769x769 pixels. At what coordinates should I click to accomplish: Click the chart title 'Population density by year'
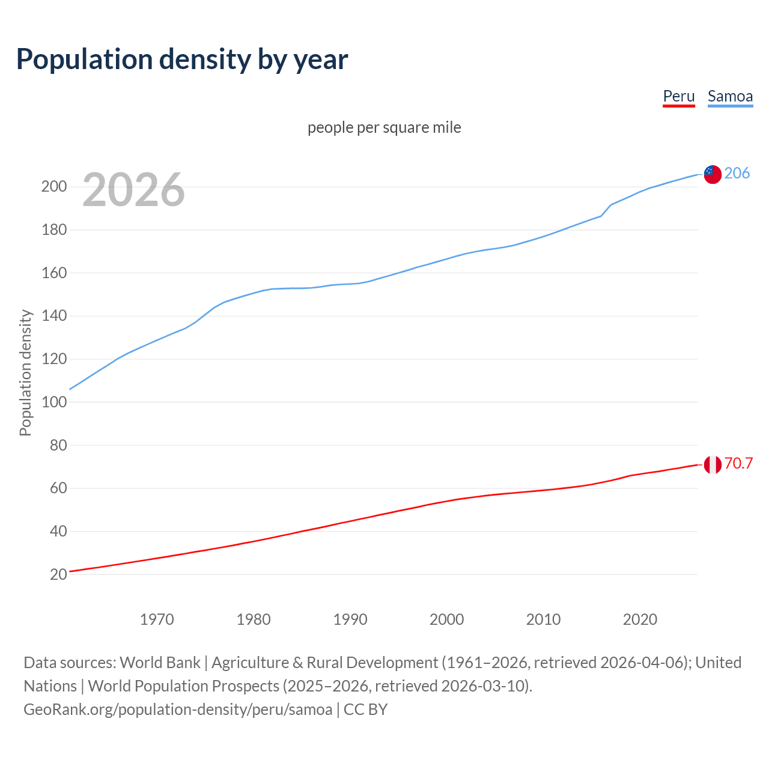tap(182, 59)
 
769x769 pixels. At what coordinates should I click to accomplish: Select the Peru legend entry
tap(678, 96)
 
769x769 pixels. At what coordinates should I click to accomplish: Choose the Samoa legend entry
tap(730, 96)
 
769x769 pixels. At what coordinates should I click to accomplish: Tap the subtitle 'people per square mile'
tap(384, 127)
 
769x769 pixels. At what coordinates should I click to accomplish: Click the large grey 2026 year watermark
tap(133, 190)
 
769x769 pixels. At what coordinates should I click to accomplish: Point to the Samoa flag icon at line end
tap(712, 174)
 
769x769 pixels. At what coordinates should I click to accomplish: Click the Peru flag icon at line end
tap(712, 464)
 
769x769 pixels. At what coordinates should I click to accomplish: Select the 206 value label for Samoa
tap(737, 173)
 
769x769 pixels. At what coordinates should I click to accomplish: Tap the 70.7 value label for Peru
tap(738, 463)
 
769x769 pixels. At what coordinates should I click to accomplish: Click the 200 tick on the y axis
tap(54, 186)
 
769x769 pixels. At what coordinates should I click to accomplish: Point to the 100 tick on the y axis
tap(54, 402)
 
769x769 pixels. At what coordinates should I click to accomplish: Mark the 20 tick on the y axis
tap(58, 574)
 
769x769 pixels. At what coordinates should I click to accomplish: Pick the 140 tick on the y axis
tap(54, 316)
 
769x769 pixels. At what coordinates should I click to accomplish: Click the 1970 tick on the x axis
tap(157, 619)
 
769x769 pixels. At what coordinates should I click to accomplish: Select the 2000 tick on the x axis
tap(446, 619)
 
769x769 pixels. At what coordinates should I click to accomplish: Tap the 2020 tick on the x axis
tap(640, 619)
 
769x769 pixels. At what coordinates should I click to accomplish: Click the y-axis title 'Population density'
tap(25, 372)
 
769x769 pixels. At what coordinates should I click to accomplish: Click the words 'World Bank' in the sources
tap(160, 663)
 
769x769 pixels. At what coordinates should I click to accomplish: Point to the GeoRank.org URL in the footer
tap(178, 710)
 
